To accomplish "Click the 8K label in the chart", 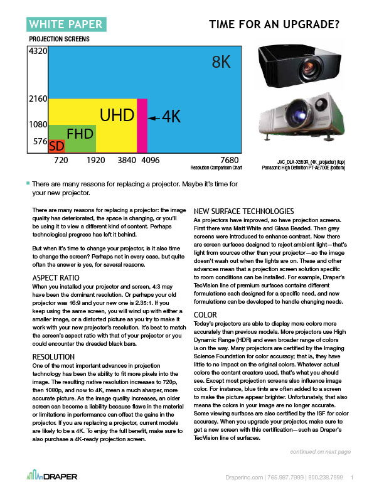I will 223,63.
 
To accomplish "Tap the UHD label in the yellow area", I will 117,115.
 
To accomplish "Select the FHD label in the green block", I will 80,134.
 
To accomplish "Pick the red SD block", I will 56,146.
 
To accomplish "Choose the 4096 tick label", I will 149,160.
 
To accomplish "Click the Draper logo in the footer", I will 53,478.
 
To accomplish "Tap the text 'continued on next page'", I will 321,451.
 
